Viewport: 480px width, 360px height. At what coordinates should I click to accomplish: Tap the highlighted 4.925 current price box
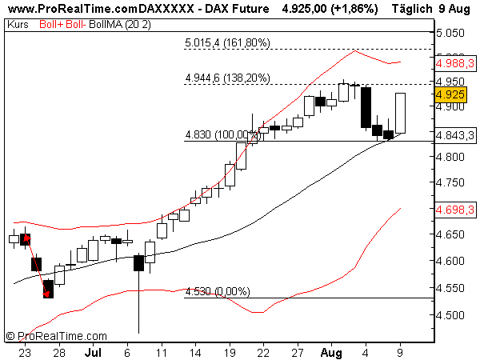(449, 94)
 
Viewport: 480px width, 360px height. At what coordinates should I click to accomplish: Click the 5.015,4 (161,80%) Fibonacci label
(227, 42)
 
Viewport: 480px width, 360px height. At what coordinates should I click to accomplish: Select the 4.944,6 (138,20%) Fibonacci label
(227, 78)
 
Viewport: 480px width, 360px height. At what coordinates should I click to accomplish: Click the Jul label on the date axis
(93, 352)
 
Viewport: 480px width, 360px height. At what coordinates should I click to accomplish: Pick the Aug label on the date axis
(330, 352)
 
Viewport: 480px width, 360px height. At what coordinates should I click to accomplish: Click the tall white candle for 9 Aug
(401, 113)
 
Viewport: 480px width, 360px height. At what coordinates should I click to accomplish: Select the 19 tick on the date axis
(229, 352)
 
